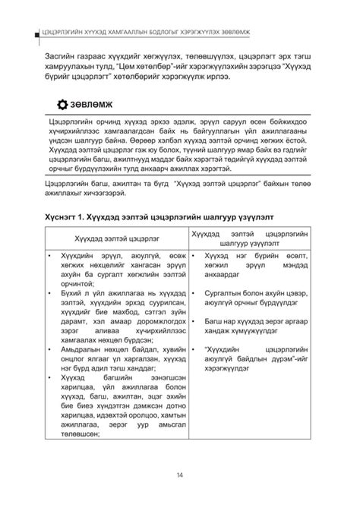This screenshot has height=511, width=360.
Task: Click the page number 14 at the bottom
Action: click(179, 475)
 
